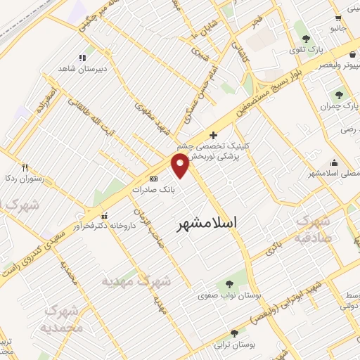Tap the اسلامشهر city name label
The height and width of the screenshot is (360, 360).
point(205,221)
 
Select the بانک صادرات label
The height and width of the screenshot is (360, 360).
point(155,189)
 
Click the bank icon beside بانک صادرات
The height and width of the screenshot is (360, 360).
point(154,179)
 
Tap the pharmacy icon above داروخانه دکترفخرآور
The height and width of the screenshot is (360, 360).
point(105,215)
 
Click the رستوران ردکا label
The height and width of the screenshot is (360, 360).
point(24,179)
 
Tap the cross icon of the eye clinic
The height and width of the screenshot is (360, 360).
point(214,135)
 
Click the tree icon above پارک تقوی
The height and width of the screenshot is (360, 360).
point(304,39)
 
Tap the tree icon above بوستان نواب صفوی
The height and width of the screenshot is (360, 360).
point(228,283)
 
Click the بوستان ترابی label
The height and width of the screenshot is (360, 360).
point(234,345)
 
